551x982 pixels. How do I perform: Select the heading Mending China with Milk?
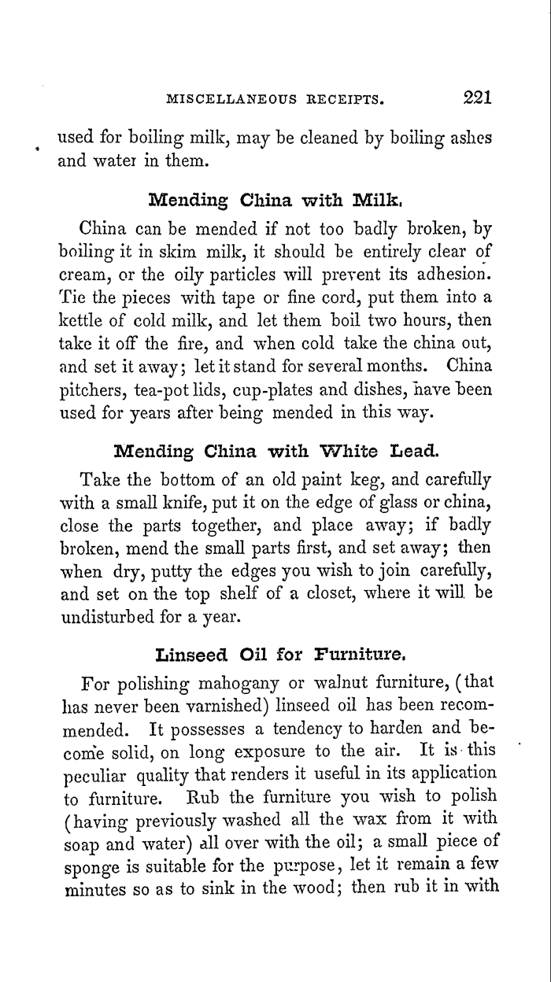(x=275, y=199)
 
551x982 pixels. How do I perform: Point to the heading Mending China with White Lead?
(x=275, y=452)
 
